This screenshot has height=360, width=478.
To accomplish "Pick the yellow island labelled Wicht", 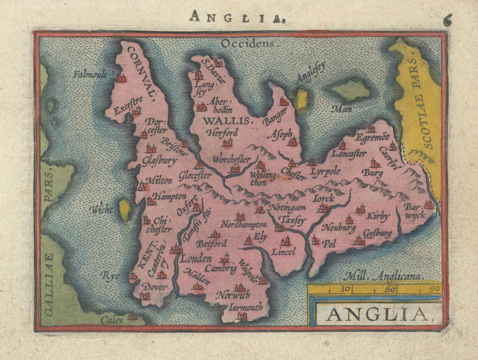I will click(x=125, y=210).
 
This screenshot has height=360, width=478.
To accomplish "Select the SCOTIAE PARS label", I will click(x=421, y=103).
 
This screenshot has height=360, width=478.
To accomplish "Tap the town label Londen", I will click(x=197, y=259).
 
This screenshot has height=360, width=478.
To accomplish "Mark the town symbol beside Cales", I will click(x=132, y=317).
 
